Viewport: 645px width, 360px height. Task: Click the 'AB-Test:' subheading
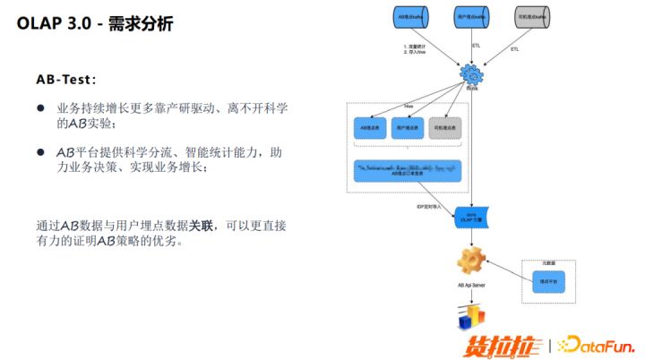click(x=66, y=80)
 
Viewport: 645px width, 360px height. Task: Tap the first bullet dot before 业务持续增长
click(x=40, y=107)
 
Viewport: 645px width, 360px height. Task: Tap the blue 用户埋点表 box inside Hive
click(x=408, y=128)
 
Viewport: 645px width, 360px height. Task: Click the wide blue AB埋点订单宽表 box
click(x=408, y=170)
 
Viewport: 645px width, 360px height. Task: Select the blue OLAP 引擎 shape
click(x=470, y=216)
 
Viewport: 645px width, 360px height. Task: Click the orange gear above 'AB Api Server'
click(x=470, y=261)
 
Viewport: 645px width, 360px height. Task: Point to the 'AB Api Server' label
click(x=470, y=284)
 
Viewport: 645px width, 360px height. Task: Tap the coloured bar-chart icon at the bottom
click(x=471, y=314)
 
